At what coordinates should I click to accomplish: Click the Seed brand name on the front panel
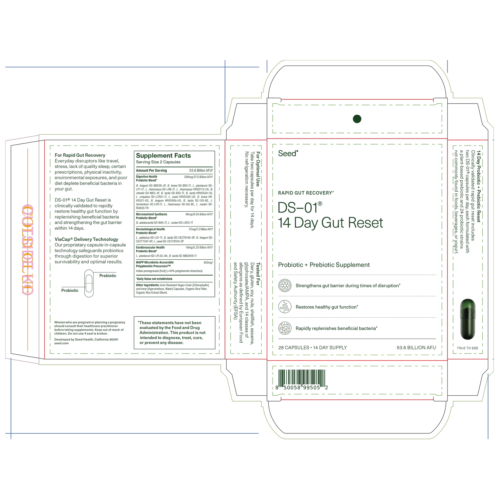pos(288,154)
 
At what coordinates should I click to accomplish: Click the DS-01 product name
pos(299,208)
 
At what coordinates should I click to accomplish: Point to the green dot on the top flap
pos(357,119)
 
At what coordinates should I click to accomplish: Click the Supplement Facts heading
pos(163,156)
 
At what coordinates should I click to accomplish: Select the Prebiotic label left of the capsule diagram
pos(70,290)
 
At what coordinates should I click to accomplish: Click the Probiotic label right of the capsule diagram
pos(108,276)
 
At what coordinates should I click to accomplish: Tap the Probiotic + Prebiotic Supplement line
pos(324,265)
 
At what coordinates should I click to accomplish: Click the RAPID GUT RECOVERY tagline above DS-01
pos(306,193)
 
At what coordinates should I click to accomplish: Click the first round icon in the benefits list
pos(285,286)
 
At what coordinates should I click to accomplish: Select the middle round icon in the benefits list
pos(285,307)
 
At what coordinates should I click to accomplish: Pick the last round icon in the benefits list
pos(285,328)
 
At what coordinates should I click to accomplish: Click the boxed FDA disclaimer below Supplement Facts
pos(174,333)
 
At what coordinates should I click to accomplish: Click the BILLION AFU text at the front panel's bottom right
pos(416,347)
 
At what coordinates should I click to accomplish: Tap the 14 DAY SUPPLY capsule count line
pos(313,347)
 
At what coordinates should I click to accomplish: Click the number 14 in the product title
pos(284,223)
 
